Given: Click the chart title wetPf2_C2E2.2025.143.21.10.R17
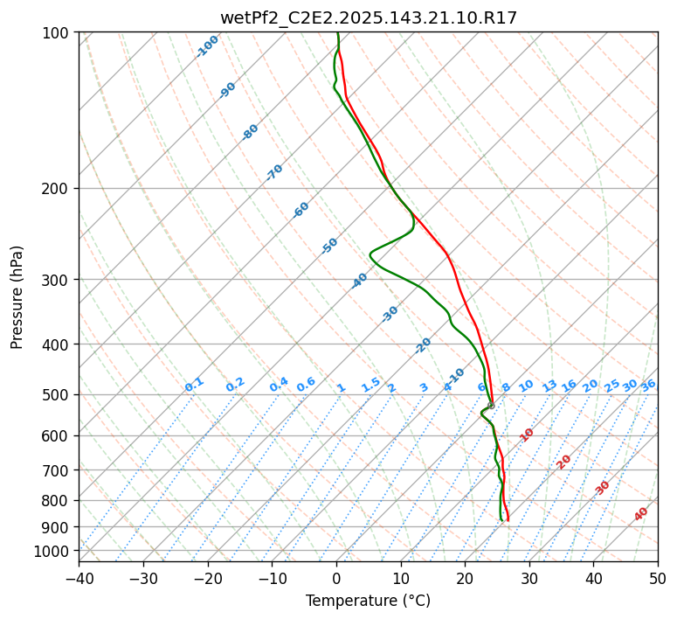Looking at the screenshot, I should pos(368,17).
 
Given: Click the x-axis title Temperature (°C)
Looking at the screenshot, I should pos(368,601).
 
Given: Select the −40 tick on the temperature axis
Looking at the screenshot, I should pos(79,578).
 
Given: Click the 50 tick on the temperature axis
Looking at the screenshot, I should pos(658,578).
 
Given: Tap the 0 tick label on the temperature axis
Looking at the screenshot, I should pos(336,578).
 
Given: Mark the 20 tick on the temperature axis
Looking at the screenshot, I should pos(465,578).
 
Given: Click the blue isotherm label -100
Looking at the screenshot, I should pos(207,46).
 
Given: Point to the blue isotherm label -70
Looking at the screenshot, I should pos(274,172).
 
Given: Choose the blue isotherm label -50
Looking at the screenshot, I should pos(329,246).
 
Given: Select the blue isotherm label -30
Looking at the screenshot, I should pos(390,314).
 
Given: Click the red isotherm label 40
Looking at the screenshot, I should pos(641,514).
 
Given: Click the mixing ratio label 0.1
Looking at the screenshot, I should pos(194,385).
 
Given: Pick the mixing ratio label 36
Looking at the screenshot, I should pos(648,385).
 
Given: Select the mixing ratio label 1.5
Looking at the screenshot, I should pos(370,385).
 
